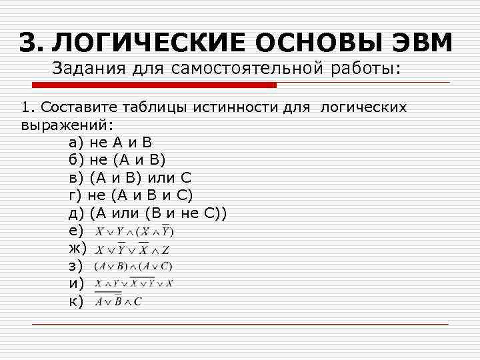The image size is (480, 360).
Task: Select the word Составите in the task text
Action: (73, 107)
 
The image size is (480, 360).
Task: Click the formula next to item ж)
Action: (132, 250)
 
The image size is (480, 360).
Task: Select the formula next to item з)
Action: (133, 266)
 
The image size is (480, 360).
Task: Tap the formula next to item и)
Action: (133, 283)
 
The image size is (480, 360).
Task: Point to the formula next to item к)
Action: (118, 301)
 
